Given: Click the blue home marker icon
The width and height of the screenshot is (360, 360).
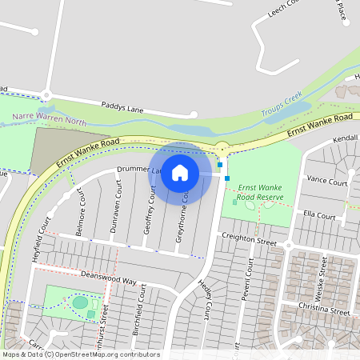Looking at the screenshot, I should (x=180, y=173).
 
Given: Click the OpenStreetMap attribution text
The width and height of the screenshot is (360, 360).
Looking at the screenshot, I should (x=80, y=354).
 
